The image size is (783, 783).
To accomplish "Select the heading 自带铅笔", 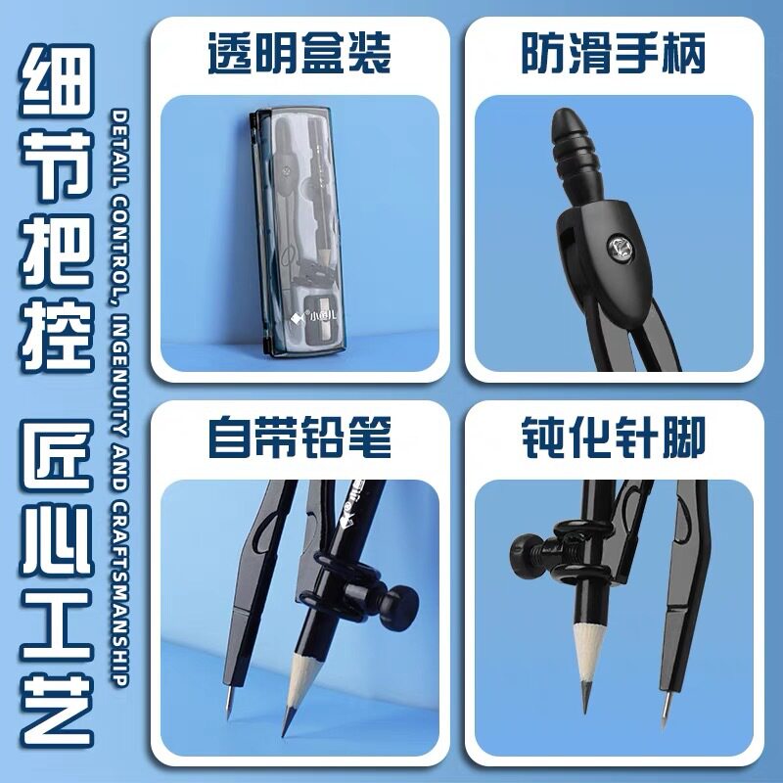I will point(299,439).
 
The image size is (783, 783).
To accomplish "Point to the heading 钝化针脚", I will point(613,439).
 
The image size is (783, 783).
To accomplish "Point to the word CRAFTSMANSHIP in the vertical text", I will point(119,588).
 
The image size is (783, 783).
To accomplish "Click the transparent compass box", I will point(298,235).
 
